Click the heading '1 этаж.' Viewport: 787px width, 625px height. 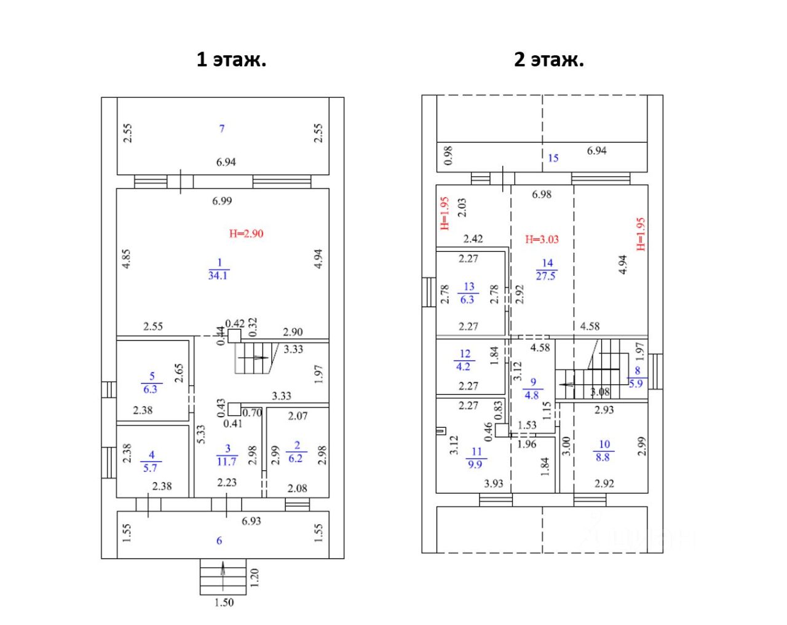(231, 60)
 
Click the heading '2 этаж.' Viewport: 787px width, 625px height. (549, 60)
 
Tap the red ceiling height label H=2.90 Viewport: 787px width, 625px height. (246, 234)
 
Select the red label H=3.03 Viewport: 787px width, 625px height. (542, 239)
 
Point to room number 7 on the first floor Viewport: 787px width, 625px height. (222, 128)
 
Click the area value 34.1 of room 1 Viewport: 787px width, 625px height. (218, 276)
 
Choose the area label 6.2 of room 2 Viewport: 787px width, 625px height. (296, 458)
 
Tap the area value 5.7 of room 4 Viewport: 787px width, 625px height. (150, 468)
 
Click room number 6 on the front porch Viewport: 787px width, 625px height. (219, 541)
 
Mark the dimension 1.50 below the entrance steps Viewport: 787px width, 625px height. (224, 603)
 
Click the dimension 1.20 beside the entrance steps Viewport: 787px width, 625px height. (255, 577)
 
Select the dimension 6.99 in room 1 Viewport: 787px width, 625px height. (222, 201)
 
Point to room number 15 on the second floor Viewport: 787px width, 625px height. (553, 158)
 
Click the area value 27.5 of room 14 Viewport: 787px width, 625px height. (545, 276)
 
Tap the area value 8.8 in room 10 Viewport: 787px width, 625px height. (603, 457)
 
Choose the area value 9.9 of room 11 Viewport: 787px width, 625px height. (475, 465)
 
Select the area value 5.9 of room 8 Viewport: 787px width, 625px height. (636, 383)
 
